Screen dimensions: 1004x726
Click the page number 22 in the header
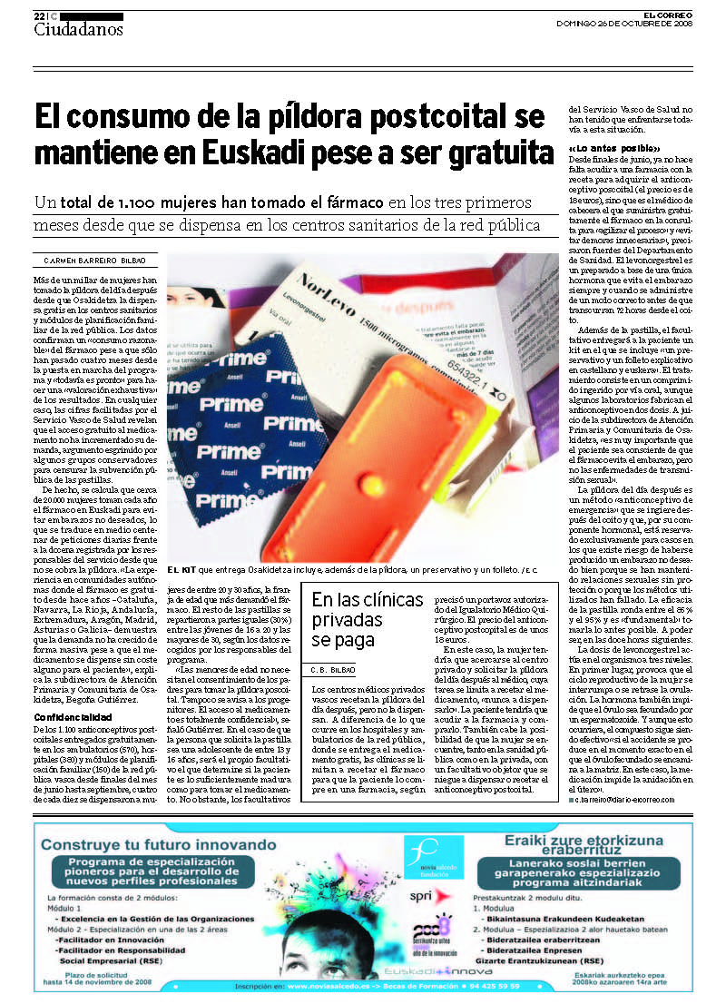(x=39, y=16)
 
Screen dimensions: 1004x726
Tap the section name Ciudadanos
(x=78, y=29)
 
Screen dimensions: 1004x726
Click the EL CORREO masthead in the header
(x=669, y=15)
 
